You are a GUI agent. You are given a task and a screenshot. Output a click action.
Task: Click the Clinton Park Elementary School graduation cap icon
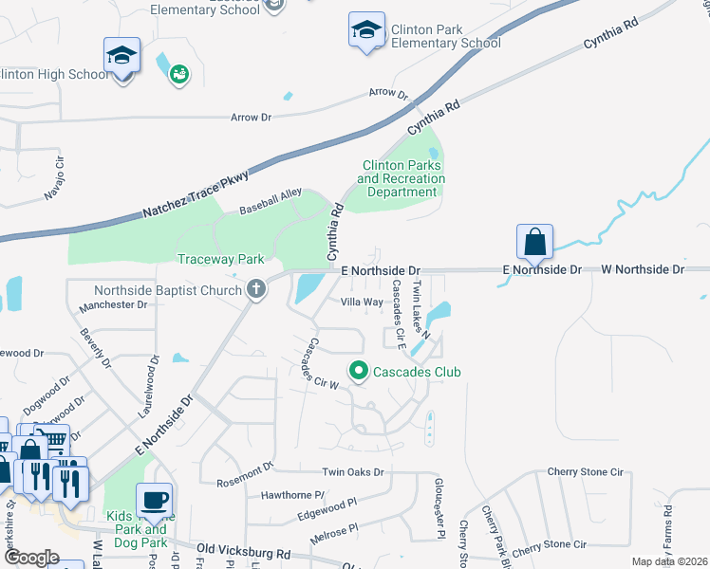coord(366,31)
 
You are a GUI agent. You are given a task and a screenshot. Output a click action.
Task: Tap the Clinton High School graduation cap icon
coord(121,56)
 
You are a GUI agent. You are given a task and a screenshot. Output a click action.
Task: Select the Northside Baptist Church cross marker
coord(255,289)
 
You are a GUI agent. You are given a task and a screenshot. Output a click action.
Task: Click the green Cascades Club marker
coord(358,371)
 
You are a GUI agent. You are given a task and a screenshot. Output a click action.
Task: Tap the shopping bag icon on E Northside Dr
coord(535,242)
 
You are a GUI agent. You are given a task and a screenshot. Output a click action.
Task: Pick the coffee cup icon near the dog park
coord(154,500)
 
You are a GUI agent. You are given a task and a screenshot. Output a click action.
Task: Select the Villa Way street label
coord(362,302)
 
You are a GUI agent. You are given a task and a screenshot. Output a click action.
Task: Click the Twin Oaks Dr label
coord(352,472)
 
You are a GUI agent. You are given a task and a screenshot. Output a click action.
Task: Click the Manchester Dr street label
coord(113,305)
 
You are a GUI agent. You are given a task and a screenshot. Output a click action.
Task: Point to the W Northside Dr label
coord(643,269)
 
